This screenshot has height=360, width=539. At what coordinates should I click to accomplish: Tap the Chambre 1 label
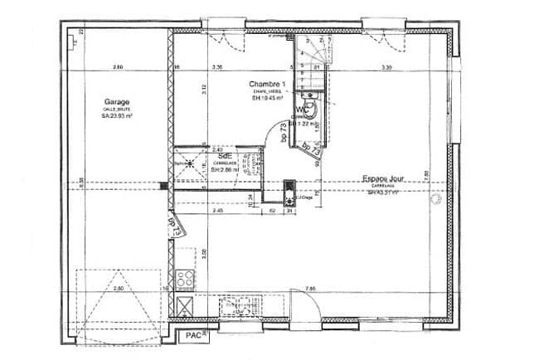(x=268, y=85)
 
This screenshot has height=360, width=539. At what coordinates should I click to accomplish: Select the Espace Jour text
(x=382, y=179)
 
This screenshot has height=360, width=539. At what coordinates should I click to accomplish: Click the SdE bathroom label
(x=224, y=155)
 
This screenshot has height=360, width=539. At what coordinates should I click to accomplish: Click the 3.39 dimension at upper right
(x=386, y=66)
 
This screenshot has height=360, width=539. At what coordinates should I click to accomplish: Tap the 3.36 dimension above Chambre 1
(x=217, y=66)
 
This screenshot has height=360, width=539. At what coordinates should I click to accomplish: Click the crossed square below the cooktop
(x=186, y=304)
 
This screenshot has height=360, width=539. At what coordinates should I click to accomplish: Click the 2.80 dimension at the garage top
(x=119, y=66)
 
